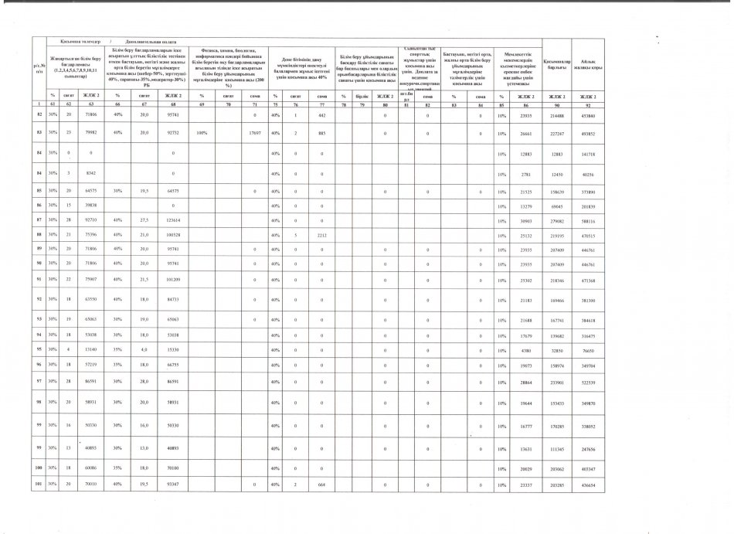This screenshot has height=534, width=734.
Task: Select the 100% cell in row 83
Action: [201, 132]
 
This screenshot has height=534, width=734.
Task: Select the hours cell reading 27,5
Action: [144, 220]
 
